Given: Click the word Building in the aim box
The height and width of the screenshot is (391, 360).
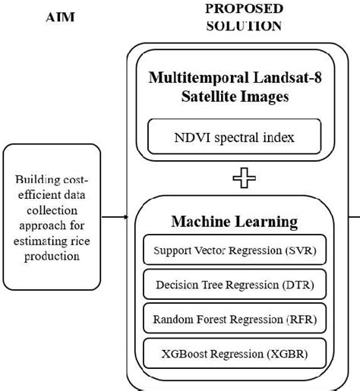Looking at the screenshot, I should [36, 180].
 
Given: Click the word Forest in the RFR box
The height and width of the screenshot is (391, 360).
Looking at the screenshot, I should [210, 320].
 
